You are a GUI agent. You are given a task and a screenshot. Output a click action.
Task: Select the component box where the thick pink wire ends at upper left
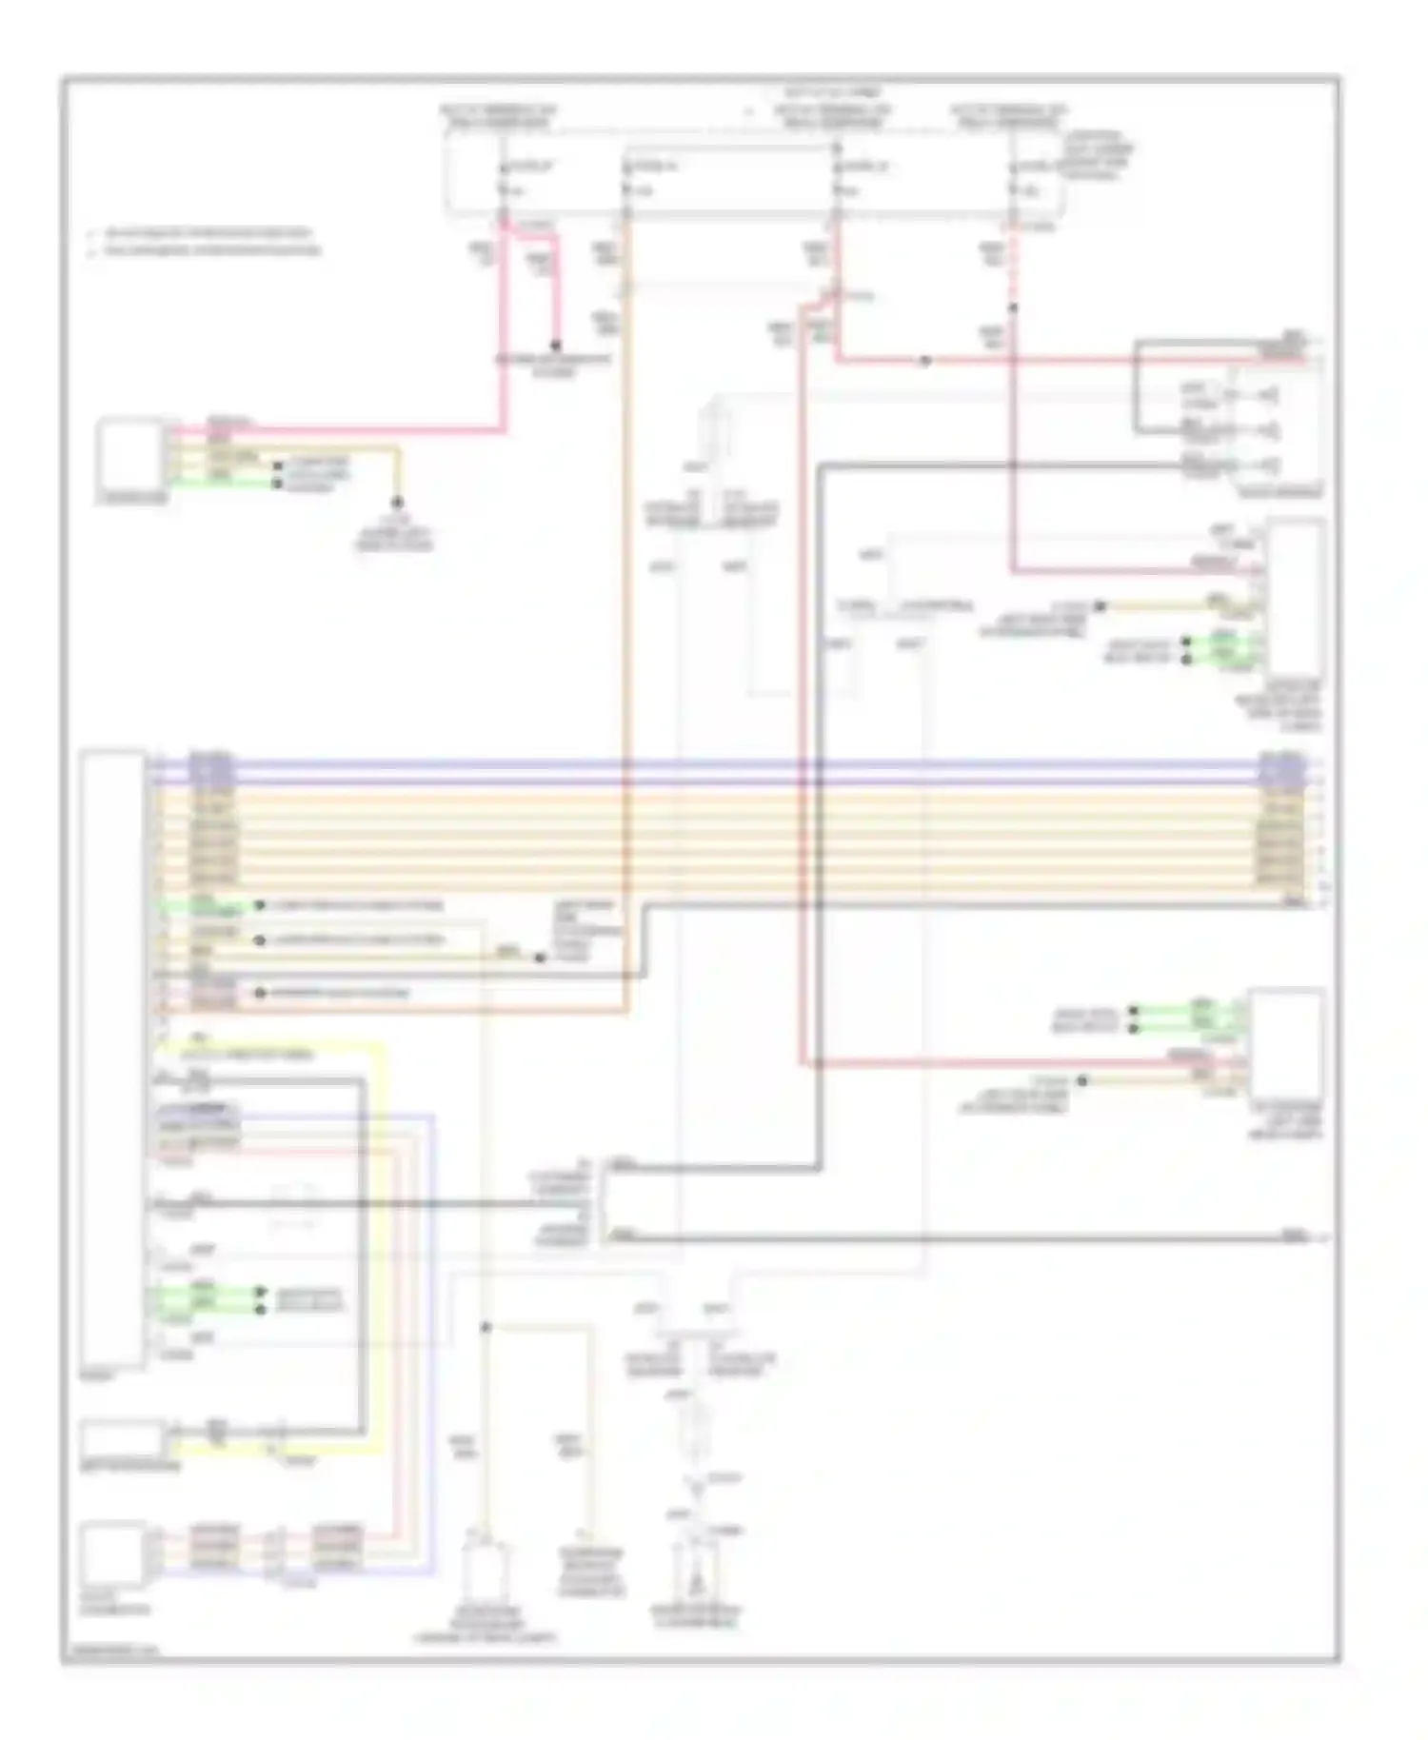tap(130, 454)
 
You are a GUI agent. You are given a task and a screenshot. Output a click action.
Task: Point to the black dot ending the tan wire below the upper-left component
tap(398, 502)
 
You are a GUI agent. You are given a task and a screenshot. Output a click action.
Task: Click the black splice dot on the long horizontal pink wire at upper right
tap(924, 362)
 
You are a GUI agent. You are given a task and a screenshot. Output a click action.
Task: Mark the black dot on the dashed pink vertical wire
tap(1013, 308)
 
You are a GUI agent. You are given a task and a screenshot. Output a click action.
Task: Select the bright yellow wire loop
tap(383, 1237)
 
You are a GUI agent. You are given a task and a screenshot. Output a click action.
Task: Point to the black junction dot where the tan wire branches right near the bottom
tap(486, 1326)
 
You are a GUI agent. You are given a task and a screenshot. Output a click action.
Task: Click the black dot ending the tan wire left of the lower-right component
tap(1082, 1081)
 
